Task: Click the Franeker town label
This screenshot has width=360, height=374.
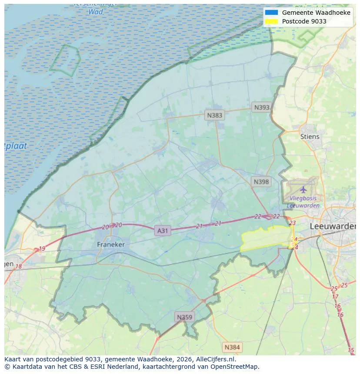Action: coord(110,245)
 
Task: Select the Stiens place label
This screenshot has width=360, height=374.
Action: coord(310,136)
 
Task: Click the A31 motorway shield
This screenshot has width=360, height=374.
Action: coord(162,231)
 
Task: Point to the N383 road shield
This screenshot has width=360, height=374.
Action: coord(214,115)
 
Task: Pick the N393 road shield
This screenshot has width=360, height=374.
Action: coord(262,107)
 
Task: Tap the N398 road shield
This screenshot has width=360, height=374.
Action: coord(261,182)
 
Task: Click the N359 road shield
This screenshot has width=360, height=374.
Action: coord(184,317)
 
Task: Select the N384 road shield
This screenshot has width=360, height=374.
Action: coord(232,347)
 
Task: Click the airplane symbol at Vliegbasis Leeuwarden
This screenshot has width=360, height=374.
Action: coord(303,190)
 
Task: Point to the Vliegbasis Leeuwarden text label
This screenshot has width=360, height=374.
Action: coord(303,202)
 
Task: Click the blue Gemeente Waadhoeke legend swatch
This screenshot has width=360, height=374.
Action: coord(271,13)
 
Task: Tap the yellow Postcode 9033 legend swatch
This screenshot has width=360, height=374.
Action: coord(271,21)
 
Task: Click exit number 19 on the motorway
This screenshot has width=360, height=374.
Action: coord(42,249)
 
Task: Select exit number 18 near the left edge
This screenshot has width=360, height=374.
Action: coord(19,266)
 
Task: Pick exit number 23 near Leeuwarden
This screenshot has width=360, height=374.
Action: coord(292,223)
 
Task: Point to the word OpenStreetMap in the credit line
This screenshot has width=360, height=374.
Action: coord(237,367)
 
